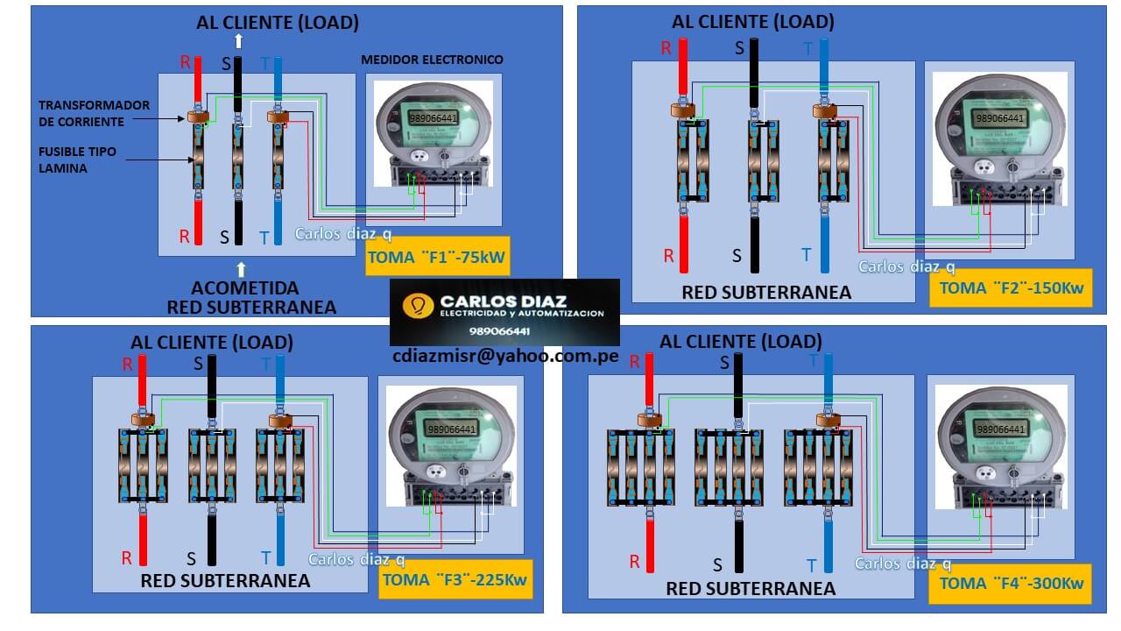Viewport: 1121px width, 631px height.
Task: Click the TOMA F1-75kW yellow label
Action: (x=436, y=258)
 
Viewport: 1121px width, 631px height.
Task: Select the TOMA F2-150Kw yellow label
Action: (x=1011, y=287)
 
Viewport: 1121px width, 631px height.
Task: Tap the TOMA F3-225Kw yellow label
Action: (x=455, y=579)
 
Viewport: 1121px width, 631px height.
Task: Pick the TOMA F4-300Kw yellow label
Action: (x=1011, y=583)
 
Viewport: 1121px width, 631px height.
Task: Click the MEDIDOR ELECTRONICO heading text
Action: (x=432, y=60)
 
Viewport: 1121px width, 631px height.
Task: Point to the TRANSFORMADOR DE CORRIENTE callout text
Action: (x=94, y=113)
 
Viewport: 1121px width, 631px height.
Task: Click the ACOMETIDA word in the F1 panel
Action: (x=245, y=288)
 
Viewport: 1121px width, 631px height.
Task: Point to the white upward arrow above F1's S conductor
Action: (x=238, y=41)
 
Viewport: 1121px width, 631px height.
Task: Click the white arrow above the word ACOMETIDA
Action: (x=243, y=268)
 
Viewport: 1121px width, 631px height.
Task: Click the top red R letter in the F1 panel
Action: (x=185, y=62)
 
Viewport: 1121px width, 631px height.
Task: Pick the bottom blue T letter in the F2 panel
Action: (x=807, y=255)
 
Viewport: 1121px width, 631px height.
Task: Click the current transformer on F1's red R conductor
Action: (x=197, y=117)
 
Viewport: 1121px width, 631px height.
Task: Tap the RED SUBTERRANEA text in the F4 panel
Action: (x=751, y=589)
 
